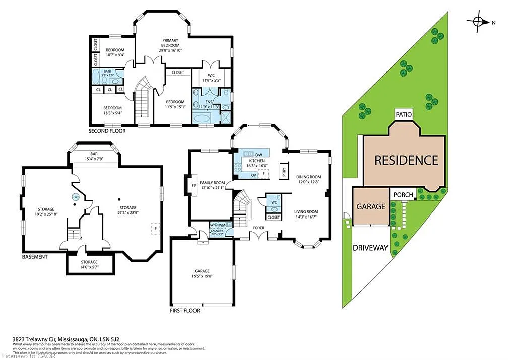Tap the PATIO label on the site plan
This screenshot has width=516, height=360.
[404, 114]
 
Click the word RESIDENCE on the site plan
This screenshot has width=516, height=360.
[406, 160]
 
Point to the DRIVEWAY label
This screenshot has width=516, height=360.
[370, 248]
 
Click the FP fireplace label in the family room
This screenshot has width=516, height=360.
[193, 185]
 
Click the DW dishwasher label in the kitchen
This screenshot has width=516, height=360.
[259, 154]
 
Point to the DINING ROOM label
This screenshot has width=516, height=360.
[308, 177]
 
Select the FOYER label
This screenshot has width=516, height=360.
[259, 228]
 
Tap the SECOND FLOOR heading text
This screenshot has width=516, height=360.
[107, 131]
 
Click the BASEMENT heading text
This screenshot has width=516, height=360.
[35, 257]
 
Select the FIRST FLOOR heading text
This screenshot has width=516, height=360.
[184, 310]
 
